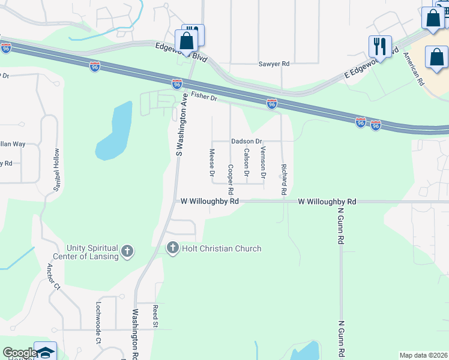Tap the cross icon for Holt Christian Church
tap(173, 247)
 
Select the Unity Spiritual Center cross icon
tap(127, 251)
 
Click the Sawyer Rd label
tap(274, 64)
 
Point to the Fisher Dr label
tap(203, 96)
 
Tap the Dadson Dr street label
tap(247, 142)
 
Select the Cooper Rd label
tap(230, 174)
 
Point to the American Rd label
tap(414, 68)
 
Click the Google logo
tap(20, 353)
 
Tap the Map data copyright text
tap(423, 355)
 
